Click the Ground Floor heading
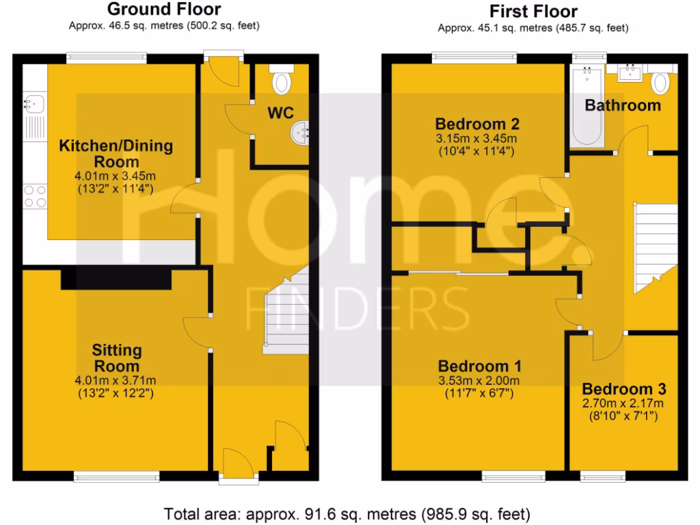pyautogui.click(x=164, y=10)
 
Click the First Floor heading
pyautogui.click(x=533, y=12)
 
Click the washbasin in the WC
pyautogui.click(x=301, y=132)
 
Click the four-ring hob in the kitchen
pyautogui.click(x=34, y=196)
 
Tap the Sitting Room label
pyautogui.click(x=117, y=358)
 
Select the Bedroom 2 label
pyautogui.click(x=477, y=124)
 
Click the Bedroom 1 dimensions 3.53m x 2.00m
pyautogui.click(x=479, y=381)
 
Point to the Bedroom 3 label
pyautogui.click(x=624, y=389)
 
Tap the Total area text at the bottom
pyautogui.click(x=347, y=513)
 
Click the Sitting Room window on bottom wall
pyautogui.click(x=117, y=476)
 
